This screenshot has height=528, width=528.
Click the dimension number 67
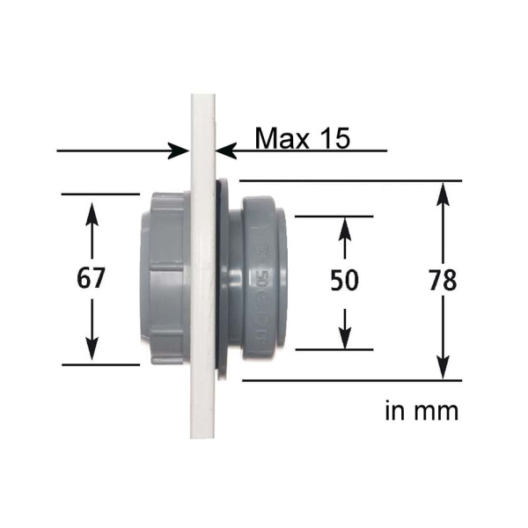(92, 279)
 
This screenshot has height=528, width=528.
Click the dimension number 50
(345, 281)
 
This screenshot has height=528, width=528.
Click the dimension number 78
(443, 281)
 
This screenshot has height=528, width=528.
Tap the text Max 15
(302, 138)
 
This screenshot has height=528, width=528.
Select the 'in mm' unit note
(422, 410)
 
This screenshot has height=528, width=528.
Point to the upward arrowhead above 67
(92, 211)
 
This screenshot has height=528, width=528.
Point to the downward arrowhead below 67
(92, 349)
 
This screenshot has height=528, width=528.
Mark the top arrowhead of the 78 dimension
(443, 193)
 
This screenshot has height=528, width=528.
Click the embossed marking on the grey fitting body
(261, 280)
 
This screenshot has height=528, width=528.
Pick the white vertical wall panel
(202, 414)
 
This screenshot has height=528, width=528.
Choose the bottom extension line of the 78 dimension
(352, 380)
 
